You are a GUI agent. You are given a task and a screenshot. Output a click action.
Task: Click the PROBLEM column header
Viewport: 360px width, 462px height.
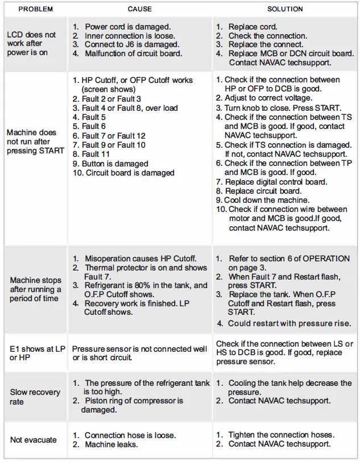click(x=35, y=9)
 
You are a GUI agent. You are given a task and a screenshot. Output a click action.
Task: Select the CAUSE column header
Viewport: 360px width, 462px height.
click(x=139, y=9)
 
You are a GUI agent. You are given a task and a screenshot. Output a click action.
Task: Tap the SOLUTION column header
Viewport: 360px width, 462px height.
click(x=285, y=9)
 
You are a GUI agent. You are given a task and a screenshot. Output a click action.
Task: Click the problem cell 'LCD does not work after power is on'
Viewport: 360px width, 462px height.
click(x=32, y=43)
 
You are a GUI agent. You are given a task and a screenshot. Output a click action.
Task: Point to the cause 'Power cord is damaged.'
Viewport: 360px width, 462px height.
click(x=127, y=27)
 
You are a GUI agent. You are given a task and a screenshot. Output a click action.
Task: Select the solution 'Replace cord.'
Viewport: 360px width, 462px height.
click(x=253, y=27)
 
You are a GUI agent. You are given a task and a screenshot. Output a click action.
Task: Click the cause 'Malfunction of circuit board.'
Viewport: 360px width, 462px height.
click(x=134, y=54)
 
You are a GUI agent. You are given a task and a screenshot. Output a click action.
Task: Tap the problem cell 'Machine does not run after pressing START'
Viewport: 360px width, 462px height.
click(x=35, y=141)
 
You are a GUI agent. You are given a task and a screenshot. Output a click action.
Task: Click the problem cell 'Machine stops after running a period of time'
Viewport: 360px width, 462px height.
click(x=35, y=289)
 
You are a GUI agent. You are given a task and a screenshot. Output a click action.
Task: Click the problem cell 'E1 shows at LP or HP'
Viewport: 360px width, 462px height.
click(x=35, y=353)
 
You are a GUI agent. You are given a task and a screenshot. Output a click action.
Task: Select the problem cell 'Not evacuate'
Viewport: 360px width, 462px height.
click(x=33, y=439)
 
